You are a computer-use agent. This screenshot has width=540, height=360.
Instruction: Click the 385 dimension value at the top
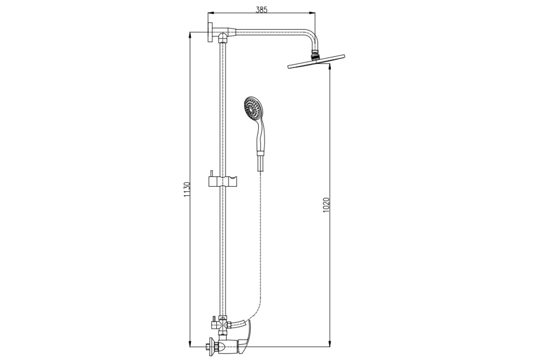coord(261,10)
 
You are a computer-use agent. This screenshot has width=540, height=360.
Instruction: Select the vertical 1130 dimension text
coord(187,189)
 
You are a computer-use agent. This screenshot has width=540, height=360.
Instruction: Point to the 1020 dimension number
coord(326,205)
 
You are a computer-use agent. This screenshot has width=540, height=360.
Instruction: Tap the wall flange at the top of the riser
coord(210,32)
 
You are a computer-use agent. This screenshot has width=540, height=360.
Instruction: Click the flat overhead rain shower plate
coord(316,62)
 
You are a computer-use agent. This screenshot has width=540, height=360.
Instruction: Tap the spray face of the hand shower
coord(252,108)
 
